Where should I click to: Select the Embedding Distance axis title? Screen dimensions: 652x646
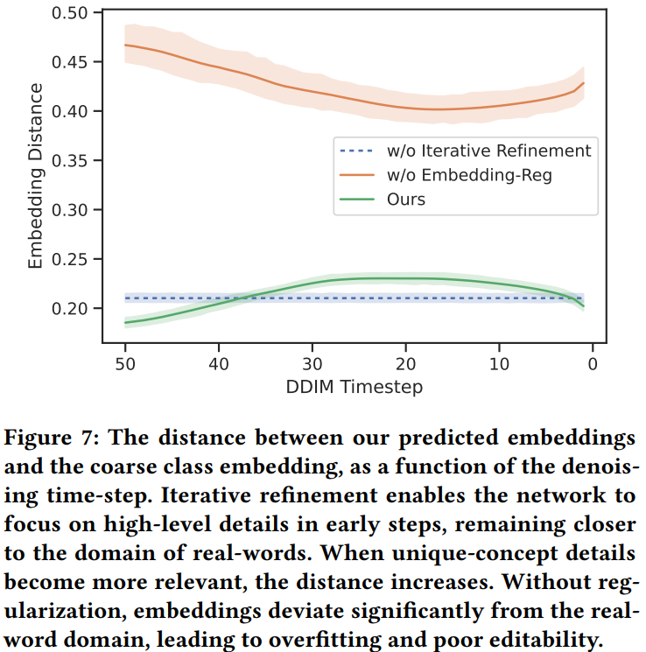point(36,175)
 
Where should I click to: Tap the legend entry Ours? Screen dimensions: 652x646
point(406,200)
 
